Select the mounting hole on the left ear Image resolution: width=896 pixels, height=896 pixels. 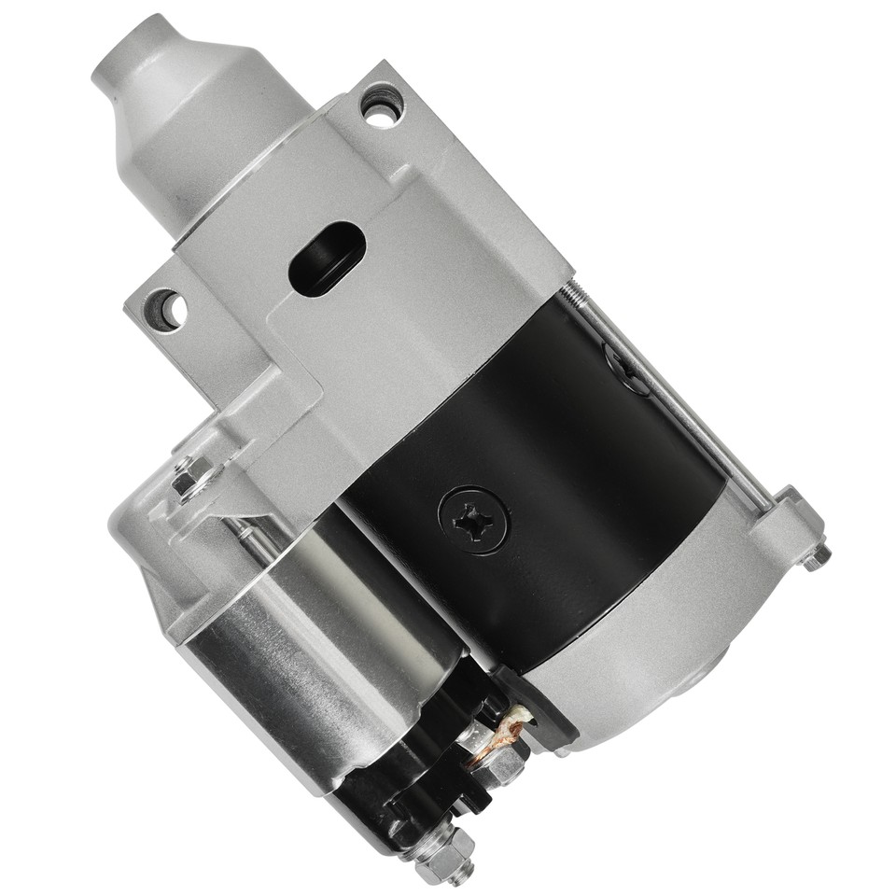tap(165, 309)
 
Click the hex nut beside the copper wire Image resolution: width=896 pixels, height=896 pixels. tap(504, 765)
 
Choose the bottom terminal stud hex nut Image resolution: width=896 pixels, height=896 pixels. tap(443, 854)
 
